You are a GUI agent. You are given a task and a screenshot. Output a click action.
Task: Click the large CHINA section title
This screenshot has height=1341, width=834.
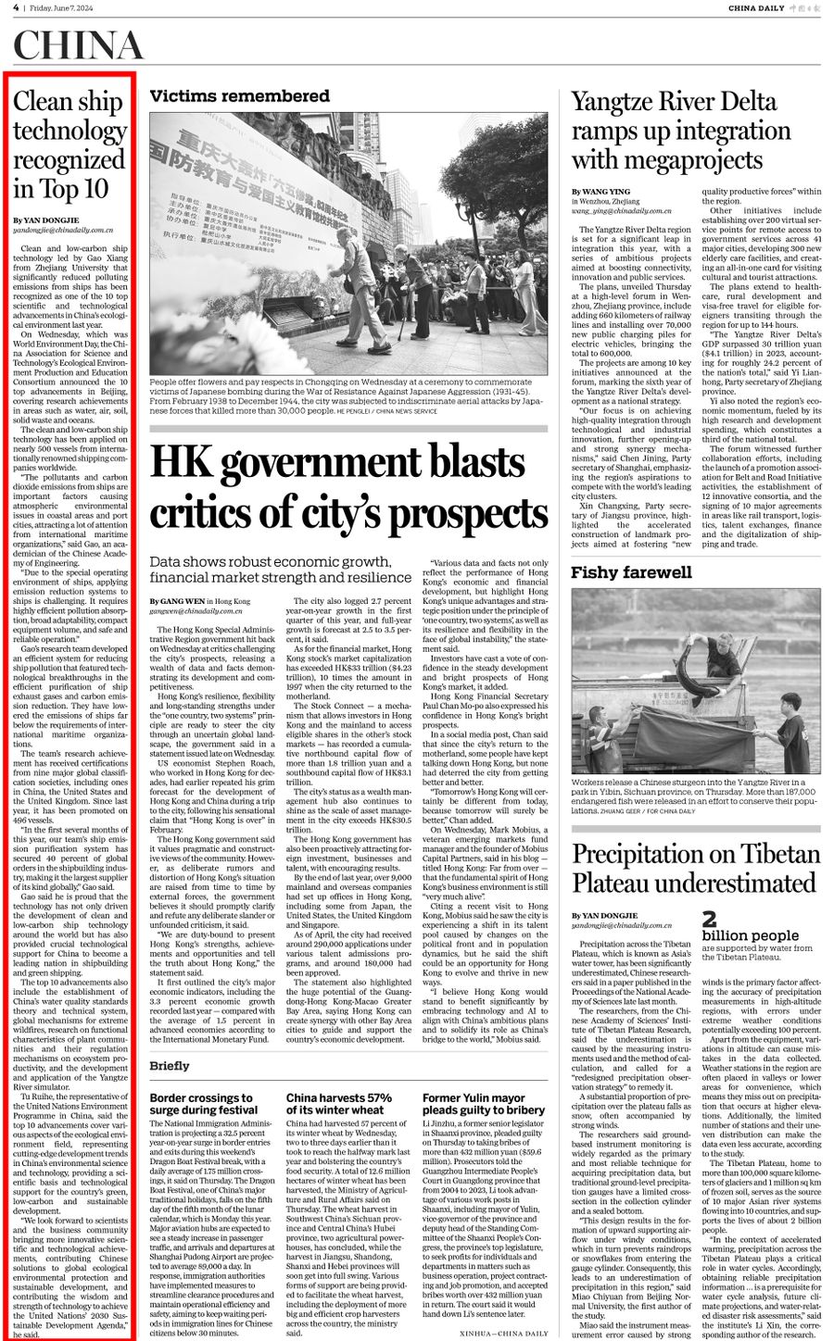tap(79, 45)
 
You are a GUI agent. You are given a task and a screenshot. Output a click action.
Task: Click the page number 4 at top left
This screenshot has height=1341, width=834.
tap(16, 8)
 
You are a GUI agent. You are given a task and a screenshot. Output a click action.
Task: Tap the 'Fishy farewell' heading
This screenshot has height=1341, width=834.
tap(631, 572)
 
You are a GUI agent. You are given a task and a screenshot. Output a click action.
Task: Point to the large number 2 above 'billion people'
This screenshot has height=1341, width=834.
tap(709, 920)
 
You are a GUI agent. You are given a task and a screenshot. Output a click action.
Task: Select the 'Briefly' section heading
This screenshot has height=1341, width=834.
tap(170, 1066)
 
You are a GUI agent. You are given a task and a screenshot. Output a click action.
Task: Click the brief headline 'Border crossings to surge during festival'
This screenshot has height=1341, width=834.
tap(203, 1103)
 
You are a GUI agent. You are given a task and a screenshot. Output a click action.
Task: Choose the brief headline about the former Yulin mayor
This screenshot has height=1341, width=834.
tap(483, 1103)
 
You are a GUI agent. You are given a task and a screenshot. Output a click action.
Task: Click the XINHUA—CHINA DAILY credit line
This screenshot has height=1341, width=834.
tap(503, 1333)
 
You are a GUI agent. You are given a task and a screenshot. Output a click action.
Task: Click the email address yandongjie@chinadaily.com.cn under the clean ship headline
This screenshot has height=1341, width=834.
tap(63, 229)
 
